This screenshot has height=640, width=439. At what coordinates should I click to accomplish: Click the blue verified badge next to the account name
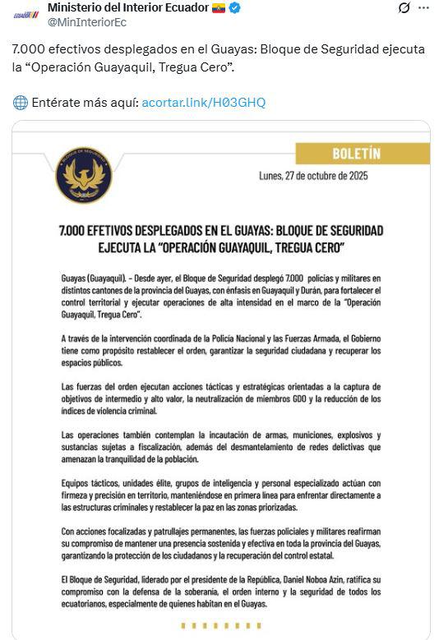235,8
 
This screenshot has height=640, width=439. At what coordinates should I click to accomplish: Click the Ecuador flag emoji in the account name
219,8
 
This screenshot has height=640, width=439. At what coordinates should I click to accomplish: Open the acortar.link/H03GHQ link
203,103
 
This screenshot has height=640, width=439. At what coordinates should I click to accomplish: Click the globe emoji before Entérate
20,103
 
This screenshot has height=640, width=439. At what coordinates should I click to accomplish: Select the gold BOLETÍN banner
356,154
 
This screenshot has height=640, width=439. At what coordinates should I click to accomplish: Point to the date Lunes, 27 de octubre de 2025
313,177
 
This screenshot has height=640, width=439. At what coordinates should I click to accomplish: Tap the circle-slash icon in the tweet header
404,8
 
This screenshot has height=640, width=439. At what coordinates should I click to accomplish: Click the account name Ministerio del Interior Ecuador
127,8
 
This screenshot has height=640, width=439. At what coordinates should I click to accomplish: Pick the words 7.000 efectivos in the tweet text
50,49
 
